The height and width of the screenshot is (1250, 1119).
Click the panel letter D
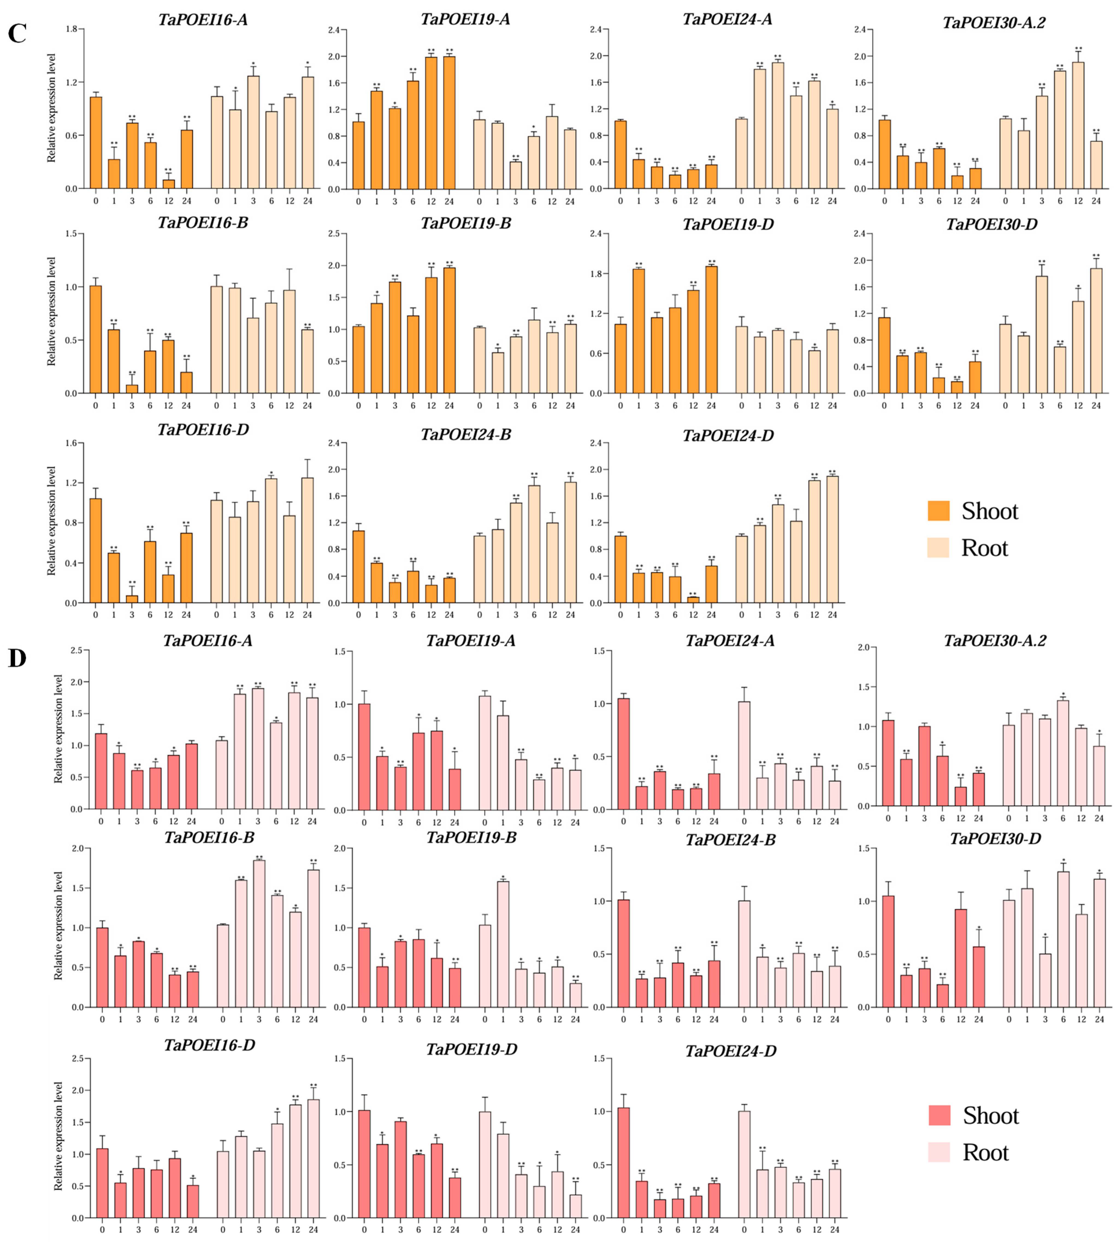(17, 658)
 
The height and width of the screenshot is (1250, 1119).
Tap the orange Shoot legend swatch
(938, 511)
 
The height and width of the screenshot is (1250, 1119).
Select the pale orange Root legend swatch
(938, 548)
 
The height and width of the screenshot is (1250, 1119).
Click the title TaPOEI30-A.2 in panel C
(994, 23)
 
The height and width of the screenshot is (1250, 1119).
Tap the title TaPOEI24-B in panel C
(466, 435)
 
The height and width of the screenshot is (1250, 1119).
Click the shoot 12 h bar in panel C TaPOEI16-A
(169, 184)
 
